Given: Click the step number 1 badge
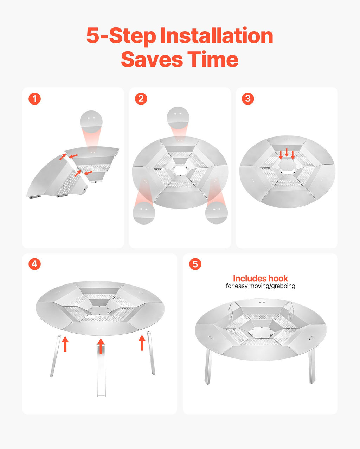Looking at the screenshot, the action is point(34,99).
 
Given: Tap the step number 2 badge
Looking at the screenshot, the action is point(141,99).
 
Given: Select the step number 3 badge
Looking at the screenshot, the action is point(248,99).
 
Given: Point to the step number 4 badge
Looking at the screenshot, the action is point(34,264).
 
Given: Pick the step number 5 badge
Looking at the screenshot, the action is point(195,264).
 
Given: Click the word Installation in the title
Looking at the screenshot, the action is point(217,36).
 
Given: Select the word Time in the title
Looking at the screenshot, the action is point(213,59).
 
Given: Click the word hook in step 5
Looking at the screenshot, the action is point(278,279).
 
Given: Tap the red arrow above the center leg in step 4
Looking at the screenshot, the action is point(101,346).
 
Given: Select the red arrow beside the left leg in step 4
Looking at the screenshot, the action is point(65,344).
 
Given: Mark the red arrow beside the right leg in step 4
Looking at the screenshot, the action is point(142,343).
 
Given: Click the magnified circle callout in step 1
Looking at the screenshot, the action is point(91,122).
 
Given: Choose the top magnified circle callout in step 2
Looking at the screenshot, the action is point(178,118).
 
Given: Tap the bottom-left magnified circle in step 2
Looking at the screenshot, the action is point(144,213).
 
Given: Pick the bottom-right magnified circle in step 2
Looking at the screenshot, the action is point(216,213).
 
